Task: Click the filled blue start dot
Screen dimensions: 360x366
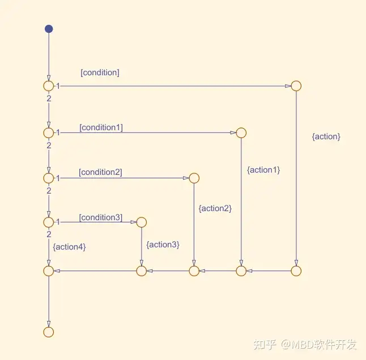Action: tap(49, 29)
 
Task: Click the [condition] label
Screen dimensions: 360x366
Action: tap(100, 72)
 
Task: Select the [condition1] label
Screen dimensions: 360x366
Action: tap(101, 127)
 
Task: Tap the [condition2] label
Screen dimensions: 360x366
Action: tap(100, 172)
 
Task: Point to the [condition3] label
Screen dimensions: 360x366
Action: tap(100, 217)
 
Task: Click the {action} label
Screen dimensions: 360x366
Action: tap(326, 136)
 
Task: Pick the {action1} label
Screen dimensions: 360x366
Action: tap(263, 170)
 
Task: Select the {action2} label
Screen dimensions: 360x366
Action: tap(215, 208)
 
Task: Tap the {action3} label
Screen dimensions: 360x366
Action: tap(163, 245)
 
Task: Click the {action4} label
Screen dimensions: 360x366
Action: tap(69, 247)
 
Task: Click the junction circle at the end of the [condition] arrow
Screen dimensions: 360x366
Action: tap(296, 86)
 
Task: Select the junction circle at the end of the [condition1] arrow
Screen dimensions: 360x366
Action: tap(241, 133)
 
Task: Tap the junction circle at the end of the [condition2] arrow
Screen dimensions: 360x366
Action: tap(194, 178)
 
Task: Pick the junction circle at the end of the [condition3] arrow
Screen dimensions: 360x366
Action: tap(141, 222)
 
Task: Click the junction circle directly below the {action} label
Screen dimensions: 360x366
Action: tap(296, 271)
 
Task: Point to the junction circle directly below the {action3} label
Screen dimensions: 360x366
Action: tap(141, 271)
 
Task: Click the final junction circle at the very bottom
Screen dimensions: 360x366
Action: tap(49, 332)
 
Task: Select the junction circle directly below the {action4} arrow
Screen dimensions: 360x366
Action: tap(49, 271)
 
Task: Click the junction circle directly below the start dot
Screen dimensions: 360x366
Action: tap(49, 86)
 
